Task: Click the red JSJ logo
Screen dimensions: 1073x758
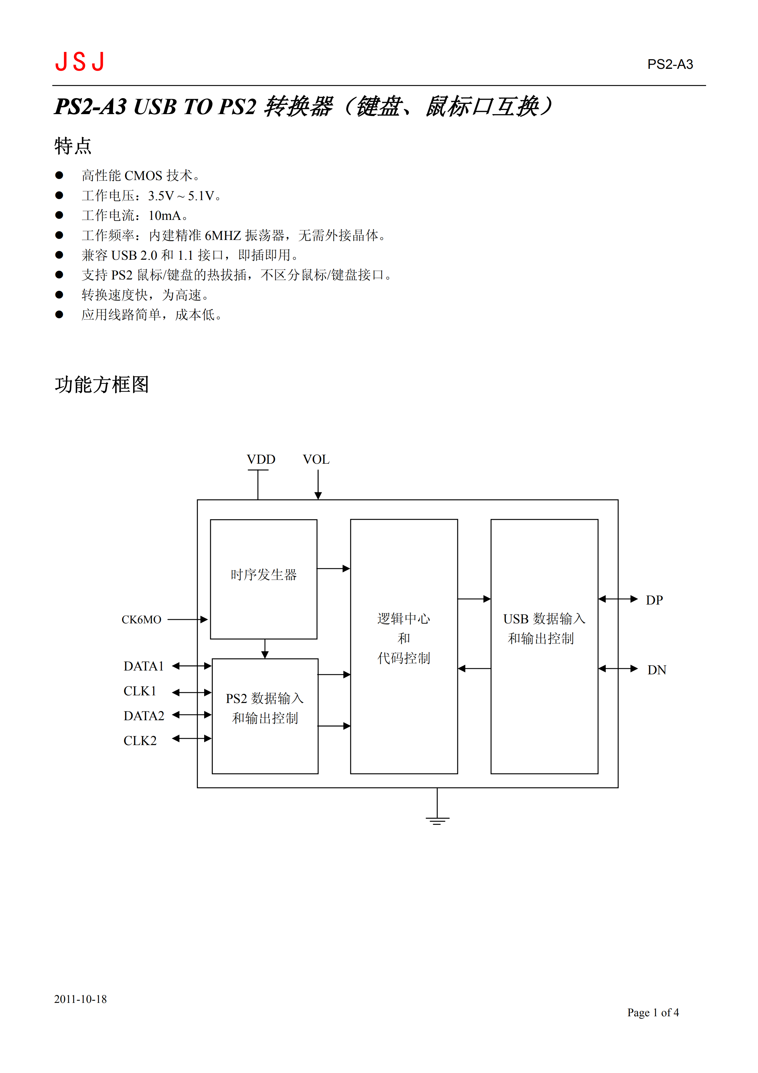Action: click(79, 62)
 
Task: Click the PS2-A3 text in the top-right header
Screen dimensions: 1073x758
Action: click(670, 64)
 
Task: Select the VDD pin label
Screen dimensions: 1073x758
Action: click(261, 460)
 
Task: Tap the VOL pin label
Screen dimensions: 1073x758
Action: click(316, 460)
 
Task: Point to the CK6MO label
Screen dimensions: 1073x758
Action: click(141, 620)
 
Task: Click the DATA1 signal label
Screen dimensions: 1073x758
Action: click(143, 666)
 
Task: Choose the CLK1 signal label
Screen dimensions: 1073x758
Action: click(139, 691)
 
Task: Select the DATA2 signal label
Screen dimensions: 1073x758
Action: click(144, 716)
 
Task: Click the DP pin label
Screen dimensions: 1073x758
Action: click(654, 600)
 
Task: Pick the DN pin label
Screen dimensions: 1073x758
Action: click(657, 670)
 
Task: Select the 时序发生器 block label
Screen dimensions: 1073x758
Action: click(264, 575)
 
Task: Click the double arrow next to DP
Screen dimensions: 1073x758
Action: click(618, 599)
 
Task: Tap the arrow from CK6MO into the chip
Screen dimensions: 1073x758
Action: click(187, 620)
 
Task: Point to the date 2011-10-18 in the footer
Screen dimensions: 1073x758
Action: click(80, 999)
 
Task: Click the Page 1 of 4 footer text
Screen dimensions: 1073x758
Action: click(653, 1013)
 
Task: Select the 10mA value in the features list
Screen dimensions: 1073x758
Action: click(164, 215)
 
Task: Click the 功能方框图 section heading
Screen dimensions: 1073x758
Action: click(102, 385)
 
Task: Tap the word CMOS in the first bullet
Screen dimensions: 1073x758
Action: click(143, 176)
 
